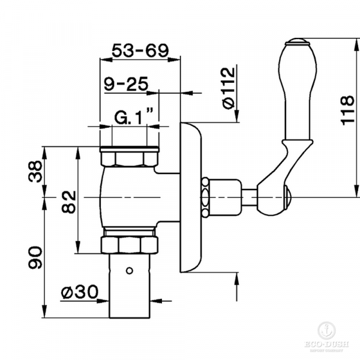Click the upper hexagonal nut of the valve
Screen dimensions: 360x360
[130, 159]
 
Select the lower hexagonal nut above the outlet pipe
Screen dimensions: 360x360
[130, 244]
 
